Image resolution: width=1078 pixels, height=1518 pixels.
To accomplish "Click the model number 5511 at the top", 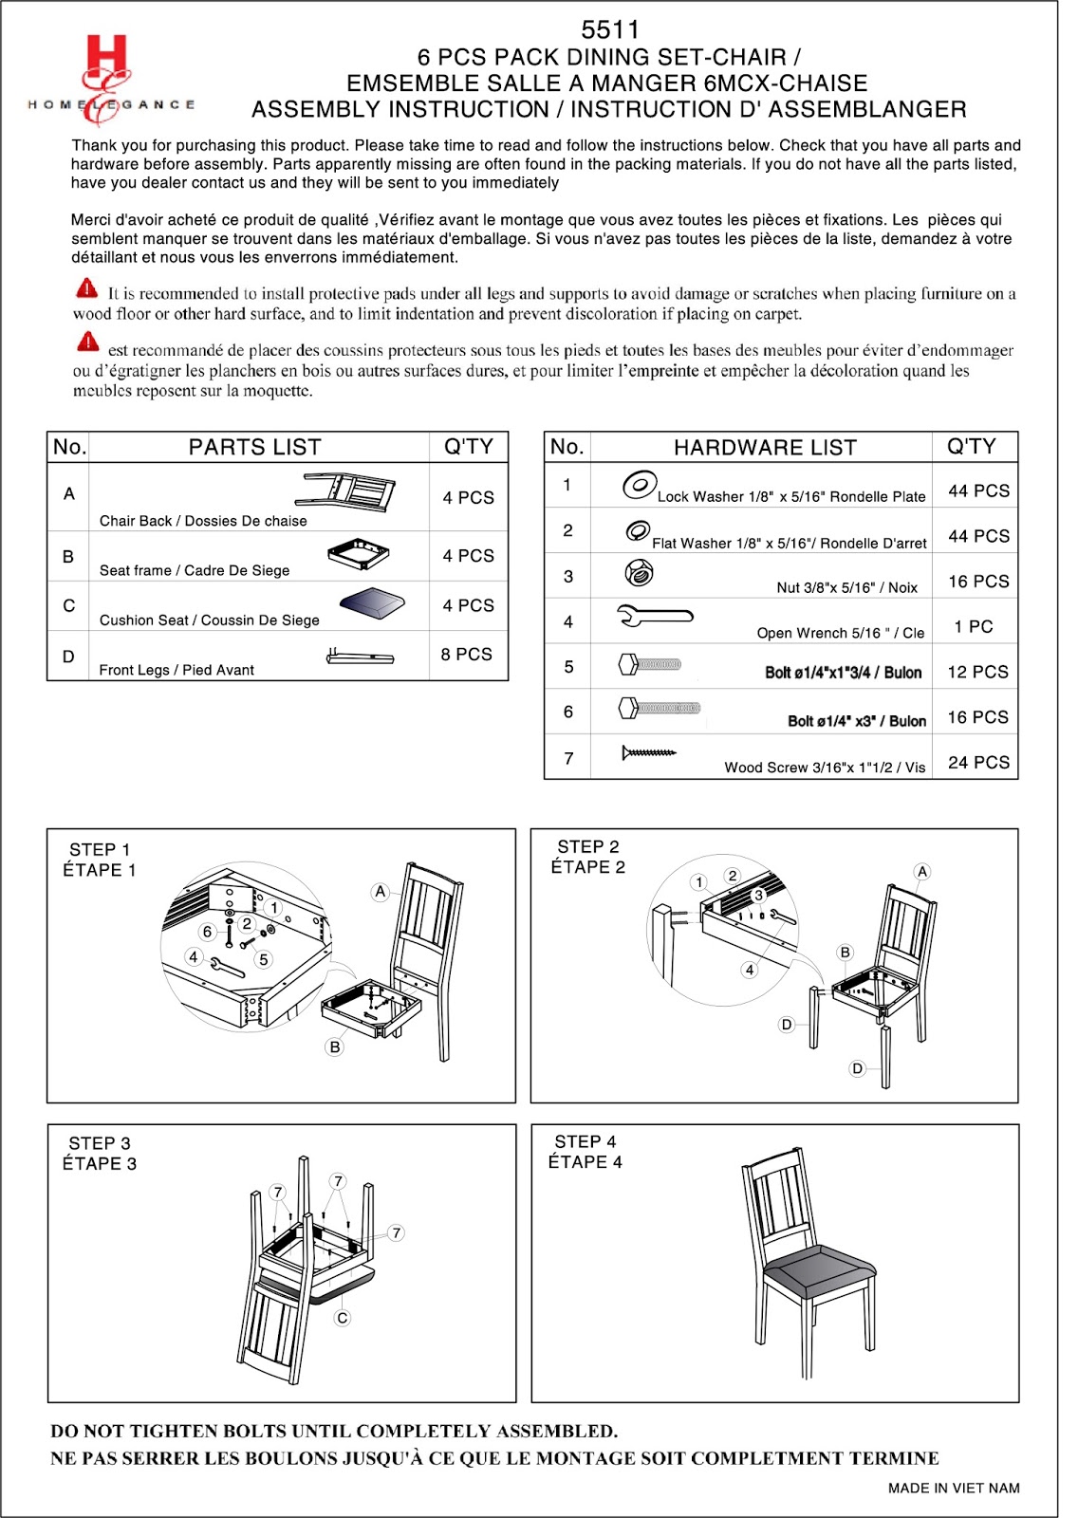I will click(x=610, y=29).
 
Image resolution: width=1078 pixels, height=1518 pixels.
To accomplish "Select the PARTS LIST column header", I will click(x=254, y=447).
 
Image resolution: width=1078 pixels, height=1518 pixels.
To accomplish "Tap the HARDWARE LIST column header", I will click(x=765, y=447).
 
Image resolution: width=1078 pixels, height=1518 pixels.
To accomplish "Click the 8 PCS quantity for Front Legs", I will click(x=466, y=655).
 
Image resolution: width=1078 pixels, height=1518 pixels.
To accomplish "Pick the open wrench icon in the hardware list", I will click(x=655, y=617).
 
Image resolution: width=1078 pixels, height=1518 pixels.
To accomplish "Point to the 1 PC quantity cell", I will click(x=974, y=626).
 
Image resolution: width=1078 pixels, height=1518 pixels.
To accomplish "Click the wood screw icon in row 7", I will click(x=649, y=752).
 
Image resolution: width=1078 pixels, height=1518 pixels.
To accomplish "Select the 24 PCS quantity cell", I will click(x=977, y=762).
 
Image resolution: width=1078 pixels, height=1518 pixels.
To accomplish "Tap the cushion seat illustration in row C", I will click(x=372, y=602).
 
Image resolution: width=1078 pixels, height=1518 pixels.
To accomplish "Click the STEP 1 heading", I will click(x=100, y=849).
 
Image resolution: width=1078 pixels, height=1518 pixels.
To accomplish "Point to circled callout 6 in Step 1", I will click(x=207, y=932).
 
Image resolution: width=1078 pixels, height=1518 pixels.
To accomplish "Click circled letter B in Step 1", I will click(x=334, y=1047).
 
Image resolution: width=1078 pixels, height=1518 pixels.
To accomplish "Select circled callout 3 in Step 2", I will click(x=758, y=895).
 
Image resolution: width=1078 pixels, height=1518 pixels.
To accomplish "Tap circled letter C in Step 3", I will click(x=343, y=1318).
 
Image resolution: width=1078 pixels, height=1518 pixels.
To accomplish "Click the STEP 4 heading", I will click(x=585, y=1141).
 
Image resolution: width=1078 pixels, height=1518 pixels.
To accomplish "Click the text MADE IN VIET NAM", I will click(x=953, y=1488).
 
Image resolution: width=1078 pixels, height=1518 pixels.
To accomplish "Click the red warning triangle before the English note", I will click(x=86, y=287).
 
